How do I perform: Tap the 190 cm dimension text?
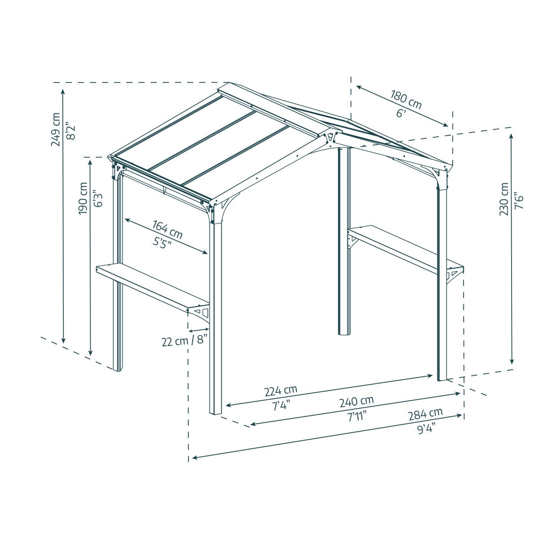pos(83,198)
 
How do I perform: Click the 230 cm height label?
pos(504,199)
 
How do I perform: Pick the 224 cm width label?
pos(281,390)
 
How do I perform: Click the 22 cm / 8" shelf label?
pos(185,341)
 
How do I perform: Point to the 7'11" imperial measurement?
pos(357,415)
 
